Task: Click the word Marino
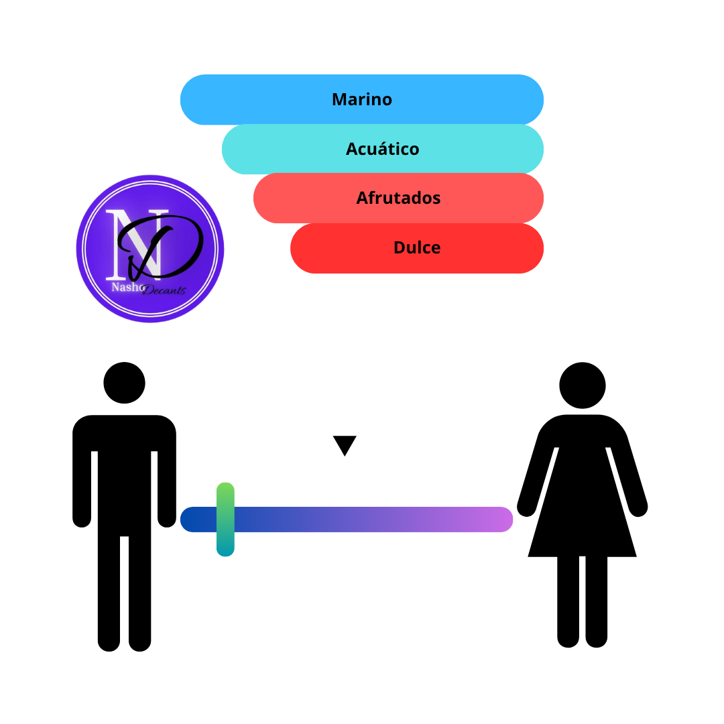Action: click(362, 99)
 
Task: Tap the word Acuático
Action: click(382, 149)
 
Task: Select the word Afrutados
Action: click(398, 198)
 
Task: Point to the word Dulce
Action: click(417, 247)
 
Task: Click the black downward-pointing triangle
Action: click(345, 444)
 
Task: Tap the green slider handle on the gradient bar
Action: click(225, 520)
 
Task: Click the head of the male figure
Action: click(124, 383)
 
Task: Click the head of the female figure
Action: click(583, 385)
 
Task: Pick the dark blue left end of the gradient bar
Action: click(192, 520)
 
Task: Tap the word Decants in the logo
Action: click(164, 290)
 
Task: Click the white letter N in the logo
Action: click(134, 245)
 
